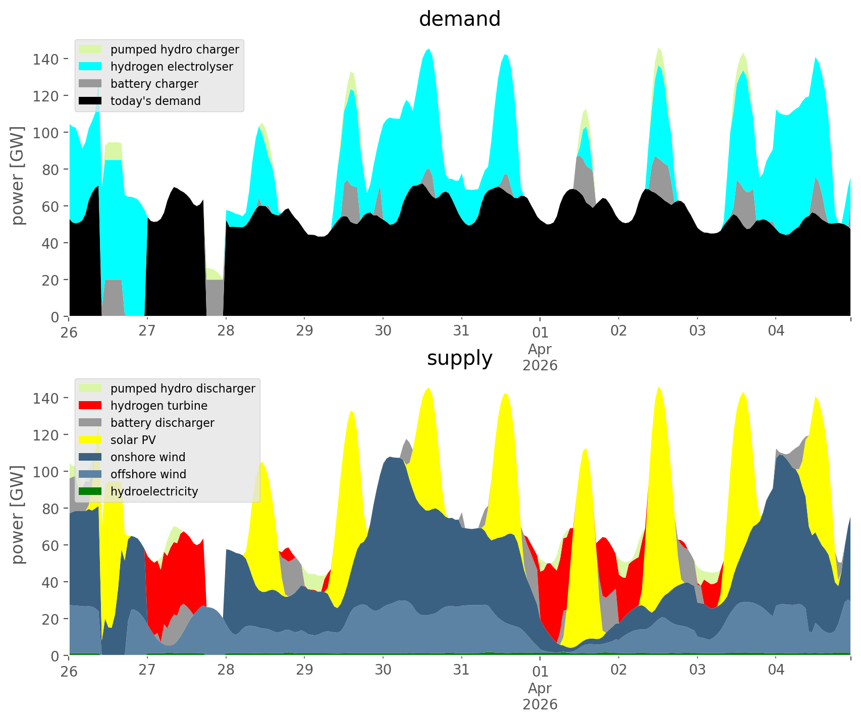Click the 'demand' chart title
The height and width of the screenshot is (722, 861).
(459, 19)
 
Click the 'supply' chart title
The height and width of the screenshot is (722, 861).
(459, 358)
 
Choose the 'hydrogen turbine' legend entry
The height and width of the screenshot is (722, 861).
(158, 406)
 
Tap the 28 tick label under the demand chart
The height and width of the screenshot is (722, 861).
(226, 331)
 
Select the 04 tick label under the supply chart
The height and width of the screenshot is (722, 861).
(776, 670)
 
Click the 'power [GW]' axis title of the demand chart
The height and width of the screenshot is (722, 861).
(18, 176)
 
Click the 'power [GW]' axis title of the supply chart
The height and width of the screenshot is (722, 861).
(18, 515)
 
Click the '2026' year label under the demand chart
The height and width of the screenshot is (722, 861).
(540, 365)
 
